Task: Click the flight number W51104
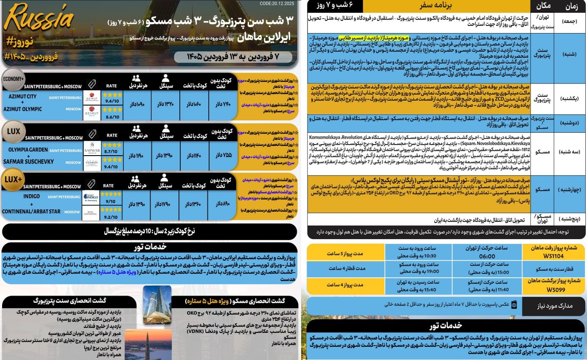point(553,256)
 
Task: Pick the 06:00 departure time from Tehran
point(487,256)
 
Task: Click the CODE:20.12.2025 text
point(277,3)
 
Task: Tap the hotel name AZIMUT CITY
point(22,96)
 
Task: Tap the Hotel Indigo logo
point(92,198)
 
